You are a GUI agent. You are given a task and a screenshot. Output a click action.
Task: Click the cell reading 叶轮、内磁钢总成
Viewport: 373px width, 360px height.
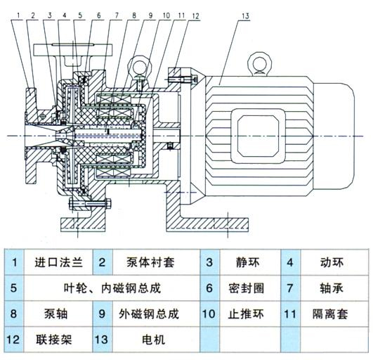click(107, 288)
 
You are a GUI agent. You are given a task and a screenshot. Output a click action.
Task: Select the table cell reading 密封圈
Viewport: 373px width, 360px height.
click(244, 288)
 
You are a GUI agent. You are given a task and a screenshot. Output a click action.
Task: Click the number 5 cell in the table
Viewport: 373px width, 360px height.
click(15, 288)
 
